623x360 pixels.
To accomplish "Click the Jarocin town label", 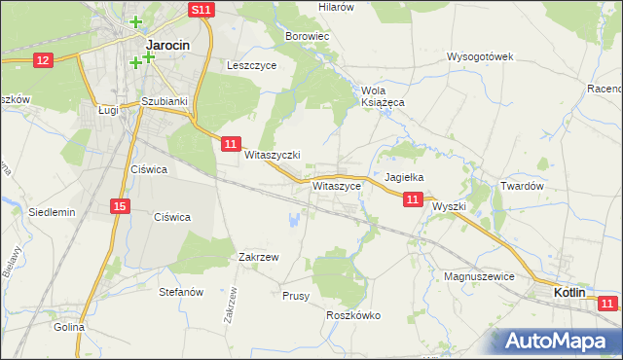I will pyautogui.click(x=166, y=45).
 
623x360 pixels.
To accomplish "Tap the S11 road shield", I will pyautogui.click(x=201, y=10).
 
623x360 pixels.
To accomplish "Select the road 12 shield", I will pyautogui.click(x=42, y=60).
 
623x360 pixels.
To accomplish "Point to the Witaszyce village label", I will pyautogui.click(x=338, y=185).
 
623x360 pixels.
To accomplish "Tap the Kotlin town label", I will pyautogui.click(x=569, y=292).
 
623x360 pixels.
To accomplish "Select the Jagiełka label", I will pyautogui.click(x=403, y=178).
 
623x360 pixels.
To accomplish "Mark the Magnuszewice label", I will pyautogui.click(x=478, y=276).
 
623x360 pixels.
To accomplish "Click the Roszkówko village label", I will pyautogui.click(x=353, y=315).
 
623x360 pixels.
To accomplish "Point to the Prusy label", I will pyautogui.click(x=295, y=295).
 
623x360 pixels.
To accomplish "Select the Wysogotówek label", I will pyautogui.click(x=480, y=56).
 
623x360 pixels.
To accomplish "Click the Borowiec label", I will pyautogui.click(x=309, y=36).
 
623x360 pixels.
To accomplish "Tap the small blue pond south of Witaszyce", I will pyautogui.click(x=293, y=221).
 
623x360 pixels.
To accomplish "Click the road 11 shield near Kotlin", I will pyautogui.click(x=608, y=305).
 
